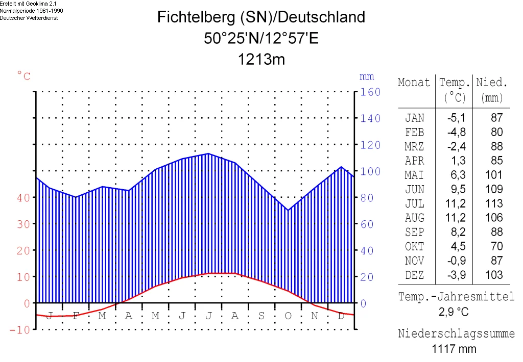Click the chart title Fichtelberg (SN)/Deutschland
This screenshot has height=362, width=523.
(261, 17)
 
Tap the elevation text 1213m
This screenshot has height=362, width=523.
(261, 60)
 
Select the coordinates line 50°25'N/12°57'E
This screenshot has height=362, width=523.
(261, 39)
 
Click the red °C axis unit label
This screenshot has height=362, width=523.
(24, 76)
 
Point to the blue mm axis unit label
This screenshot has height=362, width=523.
(367, 77)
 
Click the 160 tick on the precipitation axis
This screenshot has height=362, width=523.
(371, 92)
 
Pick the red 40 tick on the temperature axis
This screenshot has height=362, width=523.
(23, 198)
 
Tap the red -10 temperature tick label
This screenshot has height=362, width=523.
(20, 330)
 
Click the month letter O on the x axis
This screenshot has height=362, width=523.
(288, 316)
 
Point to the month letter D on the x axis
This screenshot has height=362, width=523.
(341, 316)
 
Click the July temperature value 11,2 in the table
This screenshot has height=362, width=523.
(456, 204)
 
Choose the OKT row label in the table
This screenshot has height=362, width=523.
(414, 247)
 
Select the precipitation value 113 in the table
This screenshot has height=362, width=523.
(493, 204)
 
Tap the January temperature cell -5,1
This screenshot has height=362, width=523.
(456, 118)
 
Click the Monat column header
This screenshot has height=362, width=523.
(414, 83)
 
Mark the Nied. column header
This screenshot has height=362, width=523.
(492, 83)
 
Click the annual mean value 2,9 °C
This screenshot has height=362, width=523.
(454, 312)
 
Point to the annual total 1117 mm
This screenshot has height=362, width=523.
(454, 349)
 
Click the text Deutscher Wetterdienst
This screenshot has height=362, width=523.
(29, 18)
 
